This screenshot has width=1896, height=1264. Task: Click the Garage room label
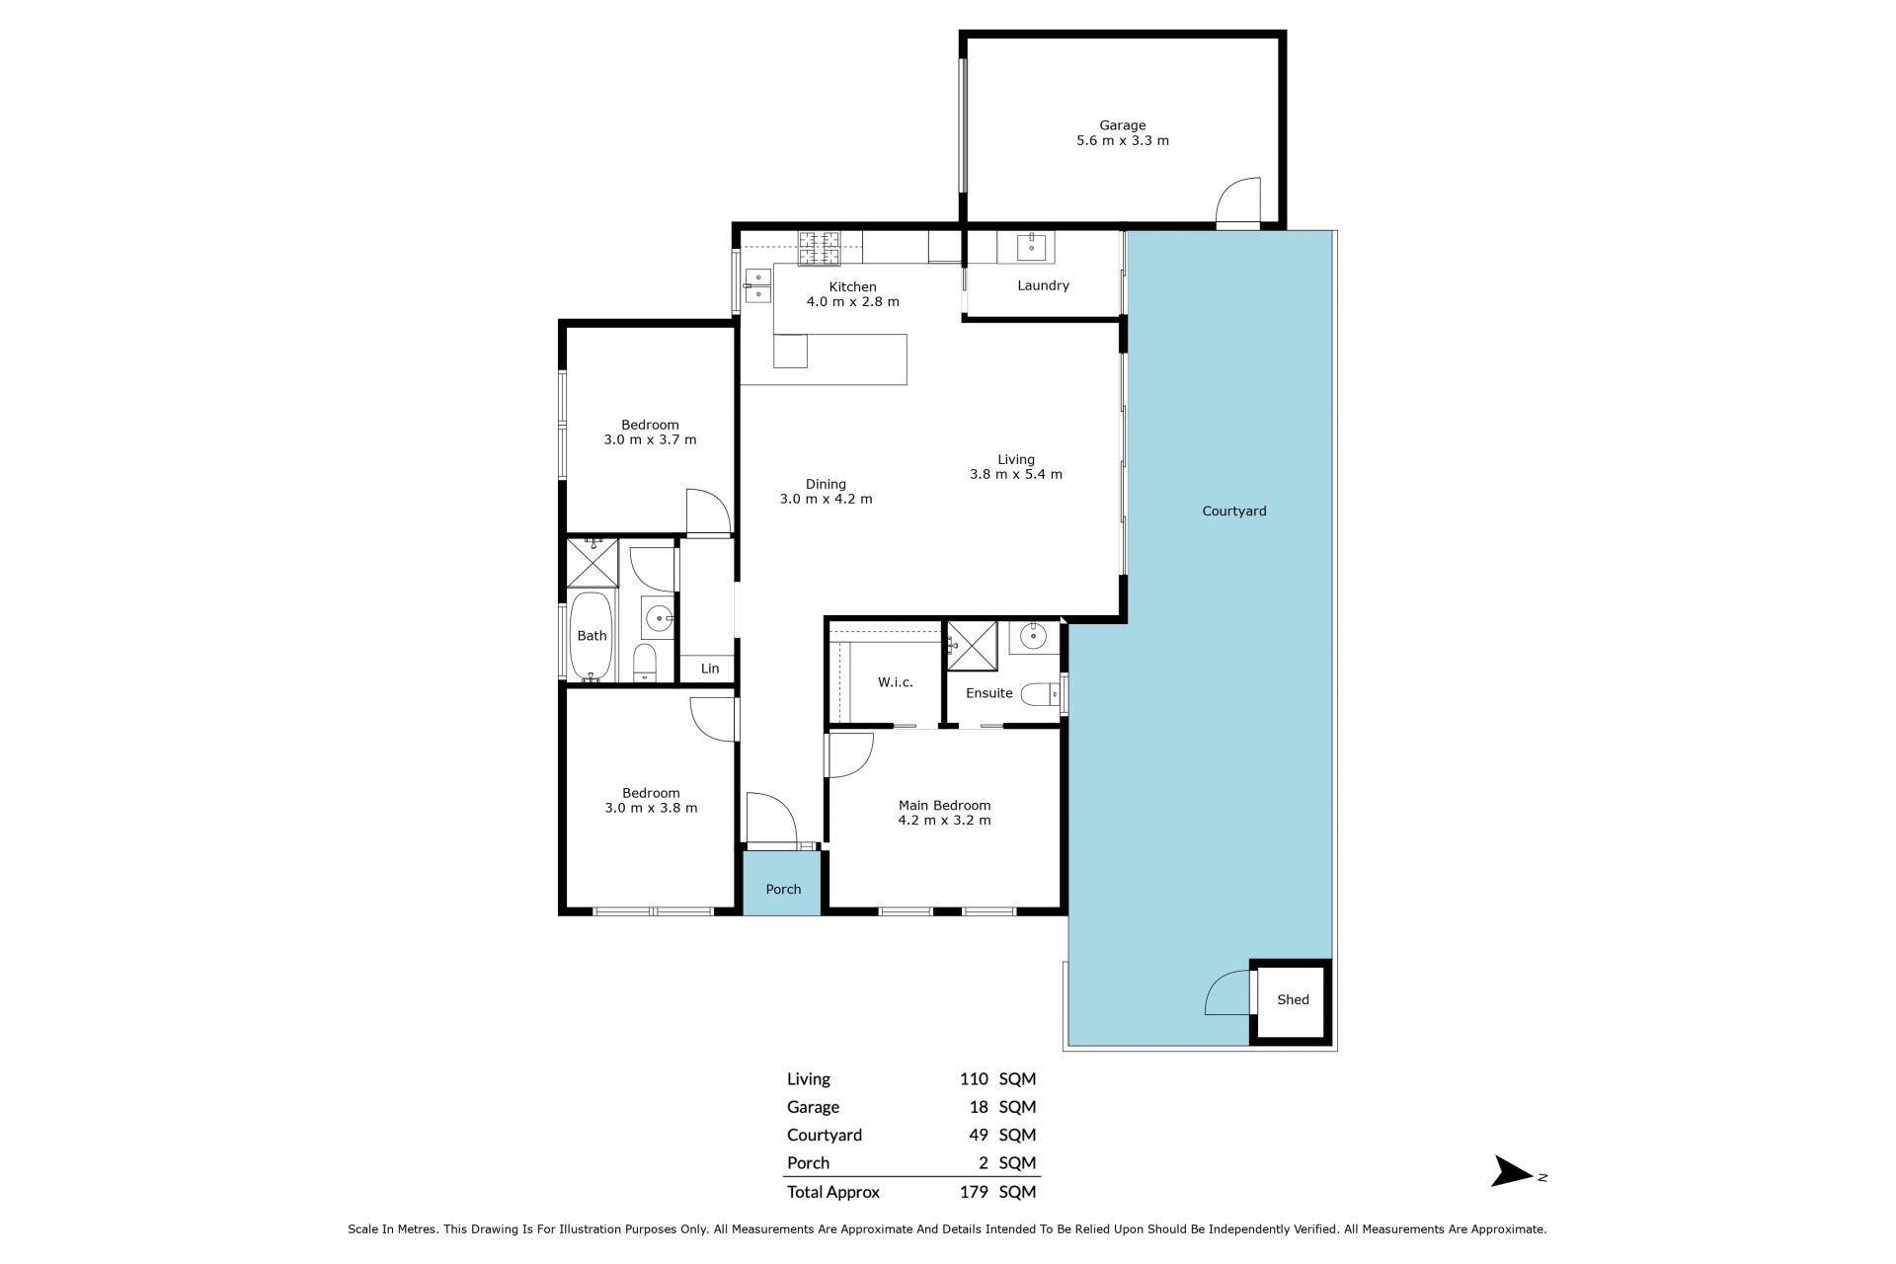coord(1123,125)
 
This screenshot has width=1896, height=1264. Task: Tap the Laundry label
coord(1043,285)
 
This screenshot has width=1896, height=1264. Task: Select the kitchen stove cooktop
coord(819,247)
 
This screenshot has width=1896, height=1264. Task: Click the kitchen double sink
coord(757,285)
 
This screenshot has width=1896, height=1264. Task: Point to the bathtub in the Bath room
coord(592,637)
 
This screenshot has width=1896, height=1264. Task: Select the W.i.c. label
coord(896,682)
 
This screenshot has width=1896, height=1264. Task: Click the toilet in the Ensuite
coord(1039,694)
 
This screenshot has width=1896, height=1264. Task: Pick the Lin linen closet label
coord(710,669)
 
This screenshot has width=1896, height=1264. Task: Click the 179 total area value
coord(974,1192)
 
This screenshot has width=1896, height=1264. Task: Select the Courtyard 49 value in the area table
coord(979,1135)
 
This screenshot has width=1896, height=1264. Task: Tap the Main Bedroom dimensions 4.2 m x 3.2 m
coord(944,820)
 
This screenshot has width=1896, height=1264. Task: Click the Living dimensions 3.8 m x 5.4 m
coord(1016,474)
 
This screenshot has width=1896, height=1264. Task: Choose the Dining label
coord(826,484)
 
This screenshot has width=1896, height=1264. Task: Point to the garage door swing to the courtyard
coord(1238,202)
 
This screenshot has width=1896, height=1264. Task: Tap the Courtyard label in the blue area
coord(1234,512)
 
